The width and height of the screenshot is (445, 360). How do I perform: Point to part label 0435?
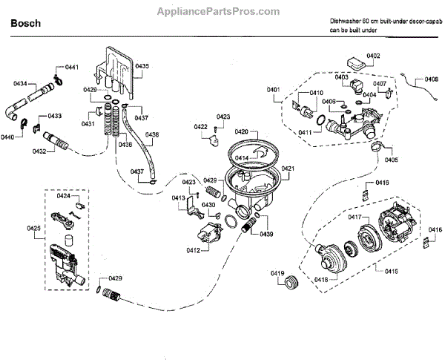point(142,67)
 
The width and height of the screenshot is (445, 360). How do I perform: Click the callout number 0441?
point(72,68)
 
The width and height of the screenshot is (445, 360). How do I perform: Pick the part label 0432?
point(39,151)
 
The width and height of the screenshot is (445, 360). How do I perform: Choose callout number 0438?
point(151,135)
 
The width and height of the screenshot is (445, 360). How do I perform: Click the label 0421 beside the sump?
point(288,168)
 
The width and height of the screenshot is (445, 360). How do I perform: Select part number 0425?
point(34,227)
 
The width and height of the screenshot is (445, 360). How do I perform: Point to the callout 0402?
point(373,56)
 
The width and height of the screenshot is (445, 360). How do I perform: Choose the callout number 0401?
point(273,91)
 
